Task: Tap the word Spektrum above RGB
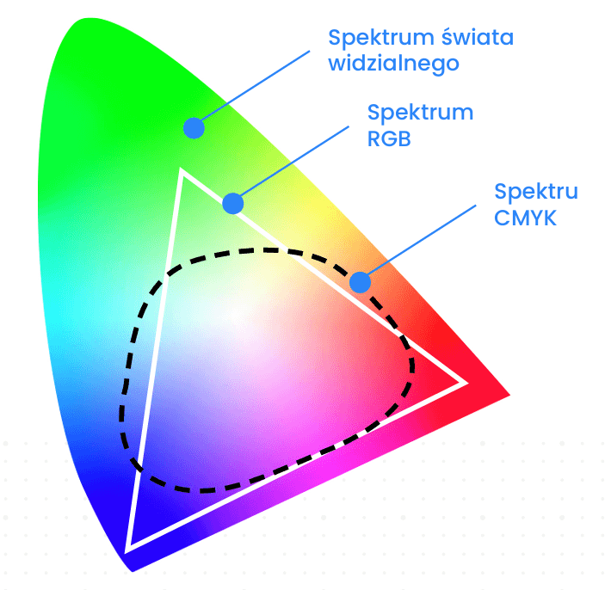(420, 114)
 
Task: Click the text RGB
(389, 138)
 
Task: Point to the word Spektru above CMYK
(536, 192)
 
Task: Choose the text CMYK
(526, 218)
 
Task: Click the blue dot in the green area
(194, 128)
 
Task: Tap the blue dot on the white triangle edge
(233, 204)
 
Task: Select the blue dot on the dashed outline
(360, 282)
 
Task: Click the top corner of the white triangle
(182, 171)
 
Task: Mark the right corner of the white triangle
(465, 382)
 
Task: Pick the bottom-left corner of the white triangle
(128, 548)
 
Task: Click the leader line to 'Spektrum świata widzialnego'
(254, 86)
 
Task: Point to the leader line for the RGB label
(293, 164)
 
